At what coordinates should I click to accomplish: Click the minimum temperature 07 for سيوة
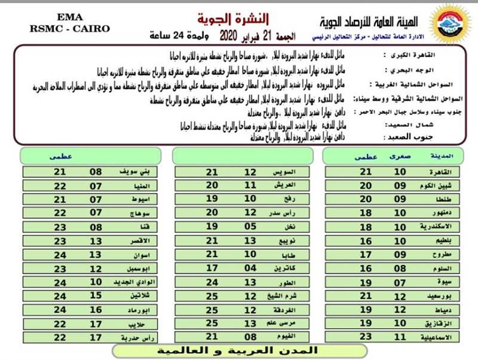point(400,282)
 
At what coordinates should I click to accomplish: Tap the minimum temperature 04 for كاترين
point(250,268)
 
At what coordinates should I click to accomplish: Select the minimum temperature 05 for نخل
point(250,226)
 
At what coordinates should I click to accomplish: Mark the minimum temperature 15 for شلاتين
point(96,296)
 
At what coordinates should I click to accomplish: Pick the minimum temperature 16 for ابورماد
point(96,310)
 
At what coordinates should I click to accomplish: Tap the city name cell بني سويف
point(136,171)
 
